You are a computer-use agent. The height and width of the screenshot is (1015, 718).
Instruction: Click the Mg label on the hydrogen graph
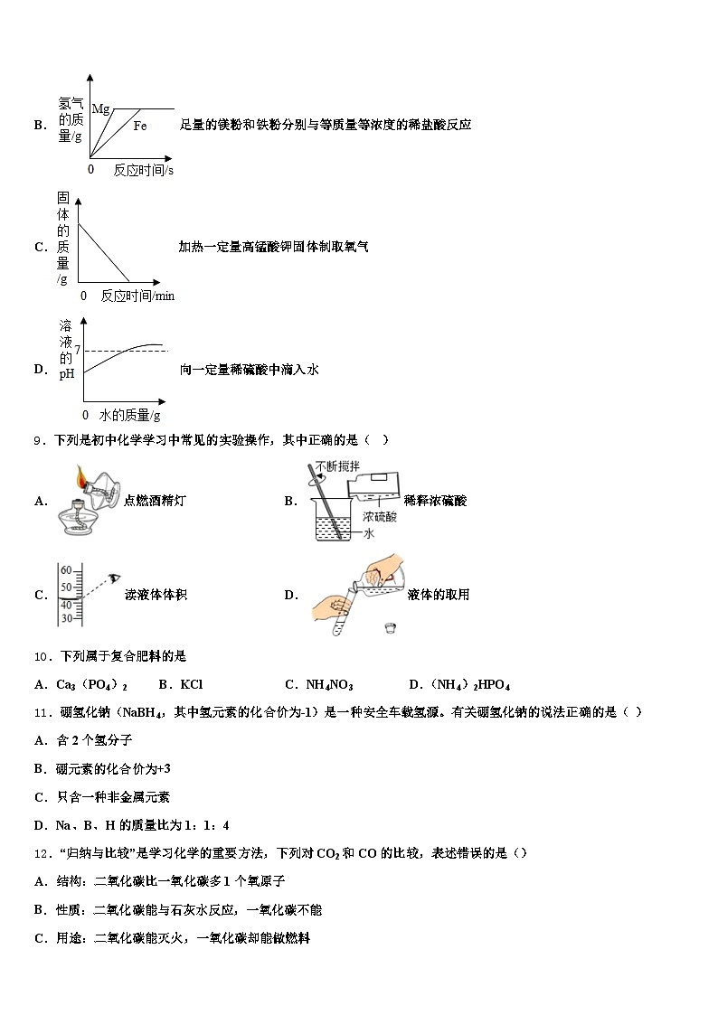[100, 108]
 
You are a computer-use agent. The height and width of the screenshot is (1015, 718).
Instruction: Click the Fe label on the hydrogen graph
[140, 125]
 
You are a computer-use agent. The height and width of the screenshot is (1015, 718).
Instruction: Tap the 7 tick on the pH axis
[78, 350]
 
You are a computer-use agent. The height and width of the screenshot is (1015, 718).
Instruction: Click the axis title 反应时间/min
[137, 296]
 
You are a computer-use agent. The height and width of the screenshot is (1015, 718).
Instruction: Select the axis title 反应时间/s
[144, 169]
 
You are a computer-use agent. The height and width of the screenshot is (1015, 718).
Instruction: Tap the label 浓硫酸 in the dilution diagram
[380, 516]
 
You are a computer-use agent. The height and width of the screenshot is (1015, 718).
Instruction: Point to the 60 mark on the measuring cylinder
[65, 570]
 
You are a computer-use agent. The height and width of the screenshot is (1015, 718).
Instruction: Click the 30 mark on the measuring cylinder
[65, 618]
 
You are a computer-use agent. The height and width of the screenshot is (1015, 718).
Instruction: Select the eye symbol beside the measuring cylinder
[115, 576]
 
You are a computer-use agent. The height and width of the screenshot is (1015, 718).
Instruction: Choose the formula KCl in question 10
[191, 684]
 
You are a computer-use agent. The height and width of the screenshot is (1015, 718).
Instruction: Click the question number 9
[38, 440]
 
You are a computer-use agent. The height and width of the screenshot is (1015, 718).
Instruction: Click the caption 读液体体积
[156, 594]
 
